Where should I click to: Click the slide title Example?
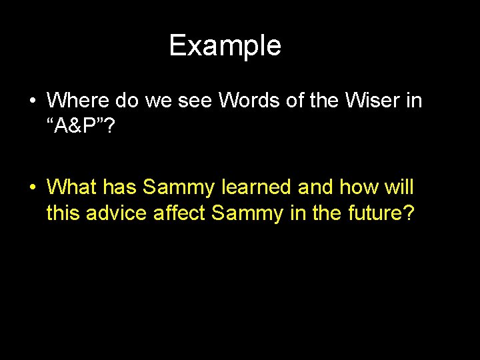[225, 45]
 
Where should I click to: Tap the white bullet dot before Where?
[32, 101]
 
